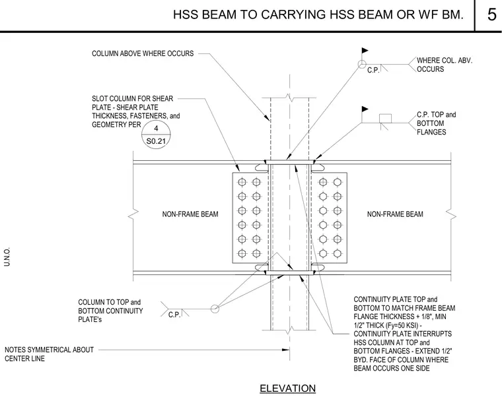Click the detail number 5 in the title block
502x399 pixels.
click(491, 15)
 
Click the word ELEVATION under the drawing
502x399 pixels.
click(287, 388)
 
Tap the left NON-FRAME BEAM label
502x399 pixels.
click(190, 214)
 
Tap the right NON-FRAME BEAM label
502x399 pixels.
click(395, 214)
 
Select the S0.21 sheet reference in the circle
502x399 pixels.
click(156, 141)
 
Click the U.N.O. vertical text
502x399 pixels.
click(7, 257)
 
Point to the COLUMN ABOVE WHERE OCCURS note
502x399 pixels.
click(143, 53)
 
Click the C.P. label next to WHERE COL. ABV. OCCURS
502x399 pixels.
click(373, 70)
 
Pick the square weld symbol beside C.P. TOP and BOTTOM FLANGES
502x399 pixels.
click(385, 118)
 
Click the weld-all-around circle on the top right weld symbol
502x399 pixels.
click(362, 64)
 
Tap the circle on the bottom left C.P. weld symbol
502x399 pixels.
click(215, 309)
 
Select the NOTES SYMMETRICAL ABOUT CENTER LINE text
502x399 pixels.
click(50, 354)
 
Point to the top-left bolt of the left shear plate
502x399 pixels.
click(242, 182)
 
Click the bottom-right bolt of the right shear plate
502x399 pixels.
click(337, 253)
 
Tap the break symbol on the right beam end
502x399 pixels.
click(450, 214)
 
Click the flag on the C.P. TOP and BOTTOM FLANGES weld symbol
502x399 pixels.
click(365, 109)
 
